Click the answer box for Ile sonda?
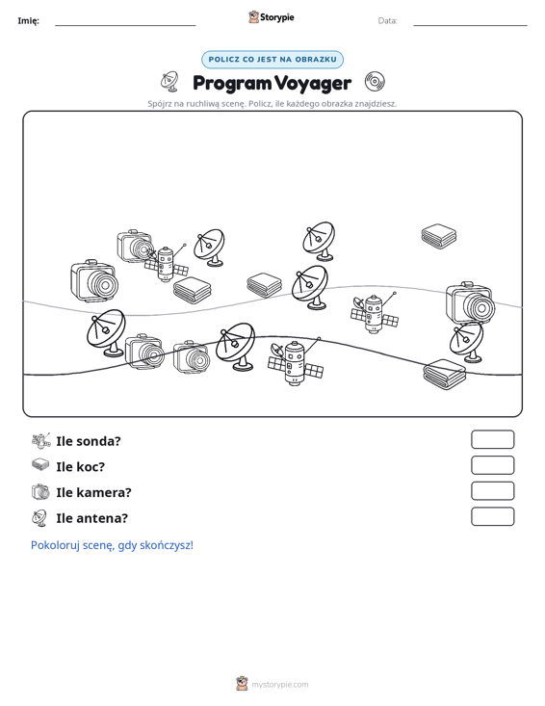[492, 439]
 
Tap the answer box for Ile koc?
[492, 465]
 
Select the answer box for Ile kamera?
[492, 491]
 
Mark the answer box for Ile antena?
[492, 516]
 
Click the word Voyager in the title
[313, 83]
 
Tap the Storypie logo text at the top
[276, 17]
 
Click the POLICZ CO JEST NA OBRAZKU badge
[272, 60]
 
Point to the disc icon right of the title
[375, 81]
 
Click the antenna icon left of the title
[169, 81]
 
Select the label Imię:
[28, 21]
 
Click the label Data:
[387, 21]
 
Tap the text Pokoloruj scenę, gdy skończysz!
[112, 545]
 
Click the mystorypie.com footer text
[279, 685]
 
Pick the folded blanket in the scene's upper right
[439, 236]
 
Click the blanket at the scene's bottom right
[445, 374]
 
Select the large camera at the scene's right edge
[470, 303]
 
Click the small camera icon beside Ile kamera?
[40, 491]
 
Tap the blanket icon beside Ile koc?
[40, 464]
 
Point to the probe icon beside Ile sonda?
[41, 441]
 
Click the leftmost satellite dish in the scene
[106, 332]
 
